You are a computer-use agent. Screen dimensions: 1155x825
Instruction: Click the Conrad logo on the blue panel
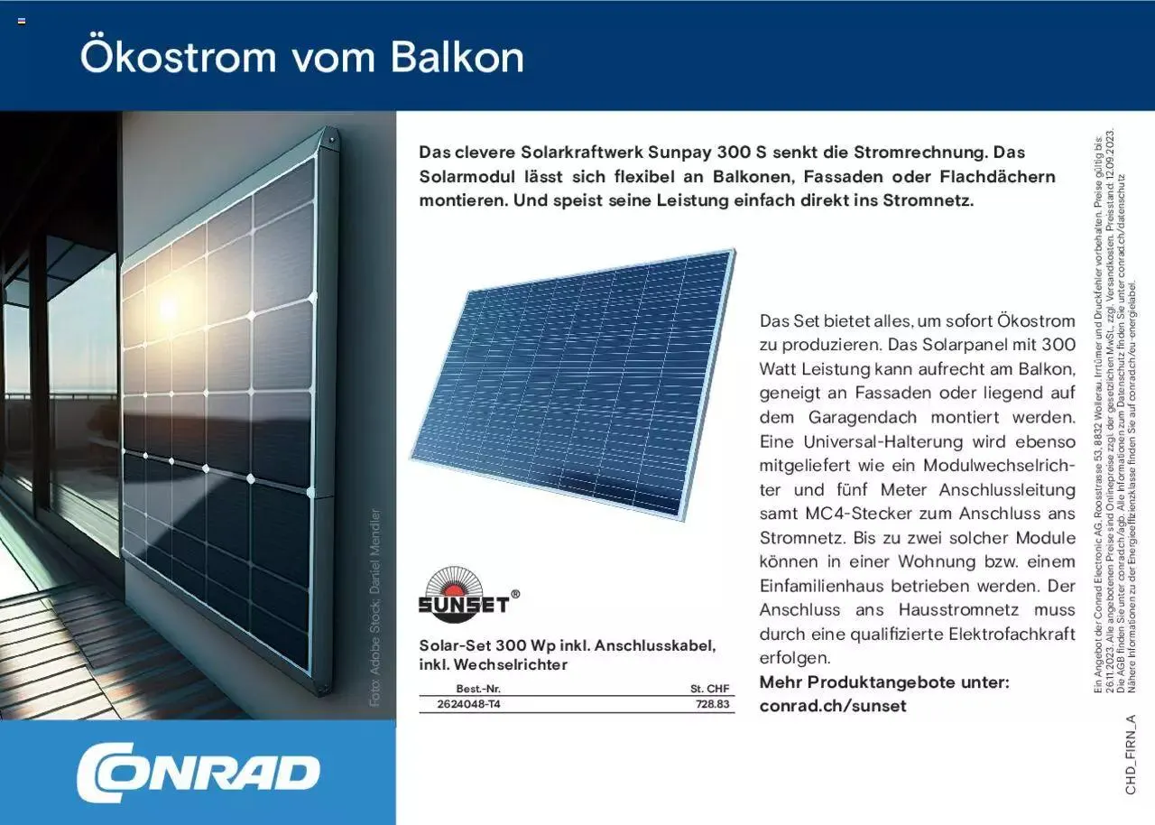(x=199, y=772)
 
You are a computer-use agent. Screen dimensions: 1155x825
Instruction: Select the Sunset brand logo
(x=468, y=594)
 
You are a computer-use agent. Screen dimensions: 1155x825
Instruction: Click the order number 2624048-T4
(x=468, y=704)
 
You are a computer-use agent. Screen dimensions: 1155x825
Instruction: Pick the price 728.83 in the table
(x=713, y=704)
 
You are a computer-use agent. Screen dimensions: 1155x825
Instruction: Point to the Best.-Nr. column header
(x=478, y=689)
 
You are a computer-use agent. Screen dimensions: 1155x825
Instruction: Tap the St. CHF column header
(x=710, y=689)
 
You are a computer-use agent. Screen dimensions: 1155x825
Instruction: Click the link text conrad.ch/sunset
(x=833, y=705)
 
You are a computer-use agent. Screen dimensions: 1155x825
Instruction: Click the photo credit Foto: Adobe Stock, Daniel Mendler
(x=375, y=607)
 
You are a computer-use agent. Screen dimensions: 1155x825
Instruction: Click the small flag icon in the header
(x=22, y=21)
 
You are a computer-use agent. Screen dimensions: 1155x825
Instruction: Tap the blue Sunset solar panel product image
(x=573, y=385)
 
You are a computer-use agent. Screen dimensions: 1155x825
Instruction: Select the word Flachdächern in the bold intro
(x=998, y=176)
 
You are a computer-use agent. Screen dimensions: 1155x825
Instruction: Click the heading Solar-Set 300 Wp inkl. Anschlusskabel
(x=568, y=645)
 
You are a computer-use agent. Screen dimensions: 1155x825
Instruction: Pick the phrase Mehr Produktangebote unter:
(x=884, y=682)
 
